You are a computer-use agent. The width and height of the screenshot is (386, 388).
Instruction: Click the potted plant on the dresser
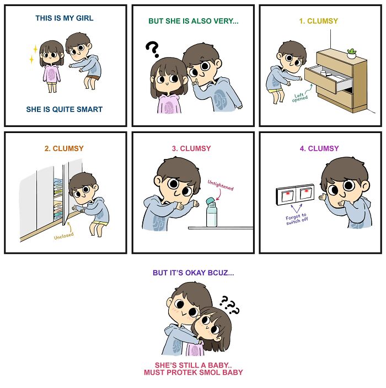click(351, 54)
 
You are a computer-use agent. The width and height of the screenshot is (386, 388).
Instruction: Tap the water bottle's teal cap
click(211, 201)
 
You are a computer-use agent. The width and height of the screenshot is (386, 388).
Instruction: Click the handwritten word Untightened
click(221, 185)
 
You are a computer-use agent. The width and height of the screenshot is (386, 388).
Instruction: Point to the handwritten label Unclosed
click(64, 236)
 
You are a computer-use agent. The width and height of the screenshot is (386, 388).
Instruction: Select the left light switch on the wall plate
click(287, 195)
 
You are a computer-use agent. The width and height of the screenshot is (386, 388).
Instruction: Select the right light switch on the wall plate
click(306, 193)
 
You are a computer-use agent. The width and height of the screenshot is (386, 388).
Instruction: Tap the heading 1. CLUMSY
click(319, 21)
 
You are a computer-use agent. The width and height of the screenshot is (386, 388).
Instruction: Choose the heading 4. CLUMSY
click(319, 148)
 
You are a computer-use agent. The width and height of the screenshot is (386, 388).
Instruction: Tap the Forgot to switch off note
click(297, 219)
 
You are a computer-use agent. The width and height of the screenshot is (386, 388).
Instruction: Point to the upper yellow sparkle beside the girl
click(35, 49)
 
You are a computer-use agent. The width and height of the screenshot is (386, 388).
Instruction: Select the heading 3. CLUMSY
click(191, 148)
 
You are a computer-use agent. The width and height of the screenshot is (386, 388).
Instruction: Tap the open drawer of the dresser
click(329, 77)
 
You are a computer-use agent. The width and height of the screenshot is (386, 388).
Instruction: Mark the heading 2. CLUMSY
click(64, 148)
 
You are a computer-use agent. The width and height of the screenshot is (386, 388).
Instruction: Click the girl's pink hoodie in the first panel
click(51, 74)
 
